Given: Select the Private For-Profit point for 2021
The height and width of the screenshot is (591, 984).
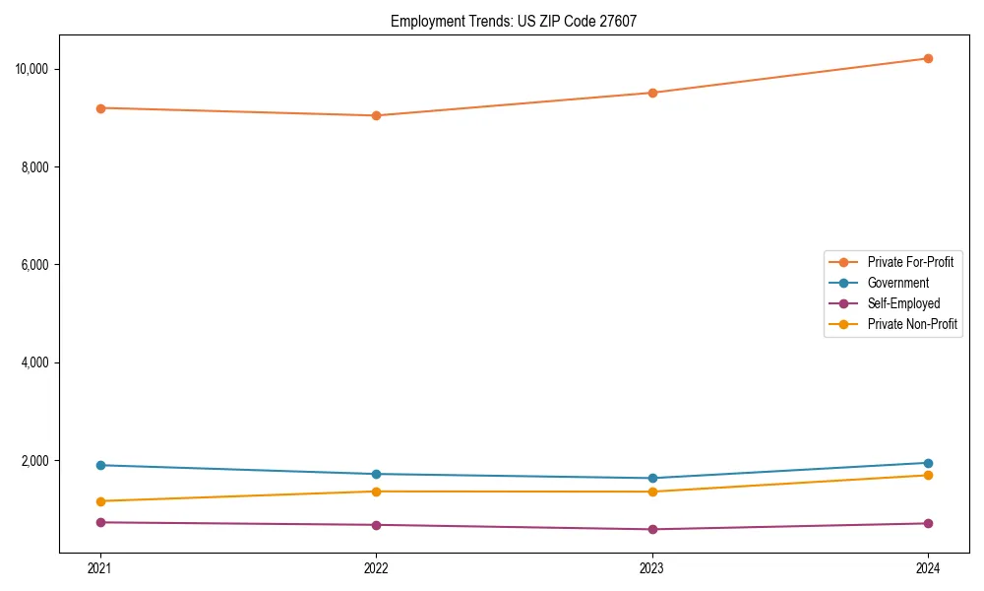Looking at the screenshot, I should click(100, 108).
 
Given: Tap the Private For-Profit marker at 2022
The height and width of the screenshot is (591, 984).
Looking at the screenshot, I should click(376, 115).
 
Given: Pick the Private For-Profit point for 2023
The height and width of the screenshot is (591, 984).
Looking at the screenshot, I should click(652, 93).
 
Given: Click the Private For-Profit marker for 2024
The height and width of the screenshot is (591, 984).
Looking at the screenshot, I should click(928, 58).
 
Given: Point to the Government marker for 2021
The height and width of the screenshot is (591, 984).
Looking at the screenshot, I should click(100, 465).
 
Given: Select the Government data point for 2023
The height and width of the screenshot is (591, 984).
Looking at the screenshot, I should click(652, 479).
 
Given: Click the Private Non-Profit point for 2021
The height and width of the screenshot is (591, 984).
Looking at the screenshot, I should click(100, 501).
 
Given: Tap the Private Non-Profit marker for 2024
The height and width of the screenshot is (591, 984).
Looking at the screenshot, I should click(928, 476).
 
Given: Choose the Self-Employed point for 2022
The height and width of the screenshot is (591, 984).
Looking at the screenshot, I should click(376, 525).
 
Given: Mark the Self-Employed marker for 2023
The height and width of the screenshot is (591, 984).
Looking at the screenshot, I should click(652, 529).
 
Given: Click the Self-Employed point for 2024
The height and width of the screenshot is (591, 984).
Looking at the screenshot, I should click(928, 523).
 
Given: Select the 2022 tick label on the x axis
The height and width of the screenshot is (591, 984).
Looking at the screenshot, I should click(376, 567).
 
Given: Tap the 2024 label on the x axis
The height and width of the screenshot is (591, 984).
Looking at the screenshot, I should click(928, 567).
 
